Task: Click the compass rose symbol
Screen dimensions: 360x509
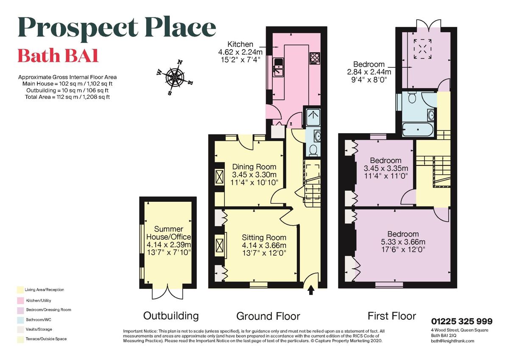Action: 175,78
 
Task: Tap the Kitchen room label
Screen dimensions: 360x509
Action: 240,44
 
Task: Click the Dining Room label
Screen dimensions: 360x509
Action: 254,167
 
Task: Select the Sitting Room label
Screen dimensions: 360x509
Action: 264,237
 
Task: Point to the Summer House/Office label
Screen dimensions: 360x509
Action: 168,233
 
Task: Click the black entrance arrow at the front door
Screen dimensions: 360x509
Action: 310,290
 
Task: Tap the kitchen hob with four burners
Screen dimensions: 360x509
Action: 315,58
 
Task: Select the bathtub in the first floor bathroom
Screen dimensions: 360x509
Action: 418,129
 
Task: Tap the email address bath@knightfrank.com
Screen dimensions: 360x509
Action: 452,340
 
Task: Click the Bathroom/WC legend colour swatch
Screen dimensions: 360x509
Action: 20,320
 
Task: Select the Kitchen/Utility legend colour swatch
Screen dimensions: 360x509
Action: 20,300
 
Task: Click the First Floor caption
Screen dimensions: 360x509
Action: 392,316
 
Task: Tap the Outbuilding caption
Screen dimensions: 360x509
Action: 171,315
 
